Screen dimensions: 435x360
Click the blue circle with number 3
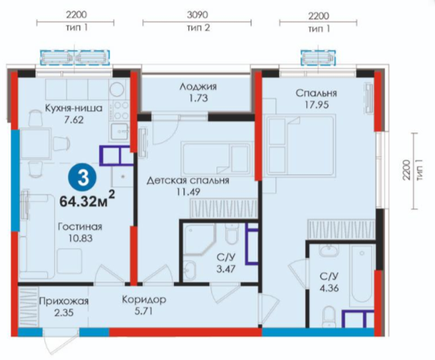tap(83, 178)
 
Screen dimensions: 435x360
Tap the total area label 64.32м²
tap(87, 199)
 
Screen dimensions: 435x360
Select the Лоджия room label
tap(198, 87)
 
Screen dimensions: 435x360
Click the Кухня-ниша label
tap(74, 108)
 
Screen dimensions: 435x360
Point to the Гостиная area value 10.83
tap(81, 238)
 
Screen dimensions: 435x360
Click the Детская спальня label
tap(188, 180)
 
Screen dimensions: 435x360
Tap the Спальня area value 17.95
tap(316, 105)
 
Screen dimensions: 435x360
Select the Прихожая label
tap(64, 301)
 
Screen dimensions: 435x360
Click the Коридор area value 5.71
tap(144, 311)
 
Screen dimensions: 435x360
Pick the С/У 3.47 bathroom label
tap(225, 263)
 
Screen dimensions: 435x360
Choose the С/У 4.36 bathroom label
tap(329, 282)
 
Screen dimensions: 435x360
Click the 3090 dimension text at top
tap(197, 14)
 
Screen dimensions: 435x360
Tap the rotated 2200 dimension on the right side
tap(406, 170)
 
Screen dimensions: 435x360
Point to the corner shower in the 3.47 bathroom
tap(199, 240)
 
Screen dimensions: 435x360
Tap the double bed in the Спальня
tap(300, 145)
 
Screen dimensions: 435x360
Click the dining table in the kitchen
tap(36, 143)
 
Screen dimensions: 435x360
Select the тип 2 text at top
tap(198, 27)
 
